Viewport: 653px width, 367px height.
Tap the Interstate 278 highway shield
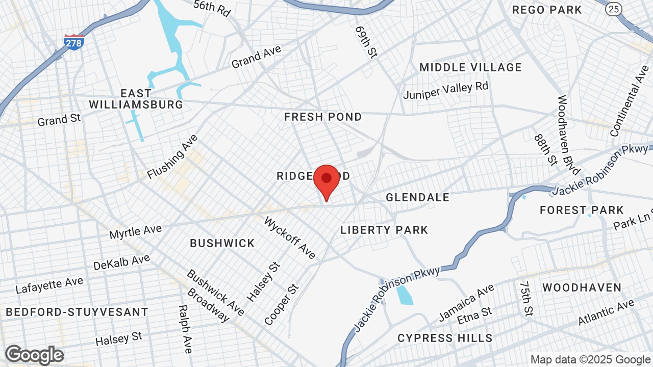coord(74,42)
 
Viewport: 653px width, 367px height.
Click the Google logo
coord(34,355)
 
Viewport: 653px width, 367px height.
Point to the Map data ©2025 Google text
coord(591,360)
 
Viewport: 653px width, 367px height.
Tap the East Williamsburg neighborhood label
coord(136,99)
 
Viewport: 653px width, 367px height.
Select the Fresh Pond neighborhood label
coord(323,117)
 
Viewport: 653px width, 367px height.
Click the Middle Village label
coord(470,67)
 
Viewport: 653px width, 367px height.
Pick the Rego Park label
coord(547,10)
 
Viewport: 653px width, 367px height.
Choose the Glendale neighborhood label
coord(417,197)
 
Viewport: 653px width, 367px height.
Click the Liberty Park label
coord(384,230)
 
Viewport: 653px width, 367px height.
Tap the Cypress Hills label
coord(445,338)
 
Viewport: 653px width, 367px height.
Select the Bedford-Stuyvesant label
coord(77,312)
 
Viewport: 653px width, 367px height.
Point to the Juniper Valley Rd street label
coord(445,90)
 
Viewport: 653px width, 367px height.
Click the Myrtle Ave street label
coord(135,231)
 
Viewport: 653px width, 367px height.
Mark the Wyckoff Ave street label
coord(290,238)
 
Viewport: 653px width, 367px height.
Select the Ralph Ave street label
coord(185,329)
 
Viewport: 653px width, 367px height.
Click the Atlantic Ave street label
coord(606,312)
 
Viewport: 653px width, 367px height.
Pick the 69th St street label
coord(366,42)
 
